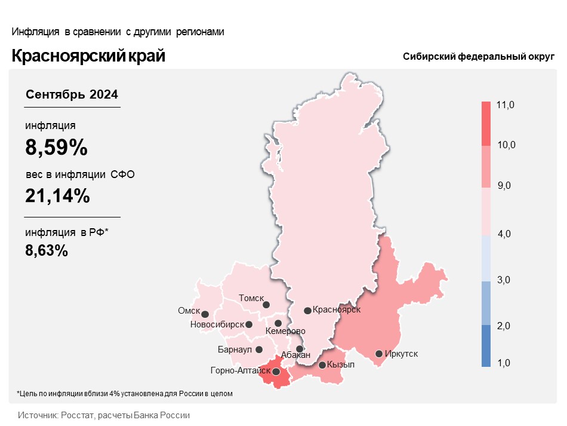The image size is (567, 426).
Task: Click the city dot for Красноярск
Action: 307,311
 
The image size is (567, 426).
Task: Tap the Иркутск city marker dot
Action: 378,354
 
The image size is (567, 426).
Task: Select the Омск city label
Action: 189,311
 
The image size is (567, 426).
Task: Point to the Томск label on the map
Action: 251,298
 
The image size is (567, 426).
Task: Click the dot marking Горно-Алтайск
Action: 276,372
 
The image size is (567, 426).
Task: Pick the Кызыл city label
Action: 341,364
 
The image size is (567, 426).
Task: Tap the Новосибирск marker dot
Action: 249,324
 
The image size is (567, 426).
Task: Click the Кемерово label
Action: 285,331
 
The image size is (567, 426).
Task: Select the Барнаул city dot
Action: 259,350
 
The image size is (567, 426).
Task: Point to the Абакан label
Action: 295,355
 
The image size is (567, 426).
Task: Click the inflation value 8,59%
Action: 57,148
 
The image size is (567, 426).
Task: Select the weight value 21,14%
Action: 57,196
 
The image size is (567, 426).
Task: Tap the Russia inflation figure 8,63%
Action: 47,250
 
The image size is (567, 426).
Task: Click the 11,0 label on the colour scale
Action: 505,105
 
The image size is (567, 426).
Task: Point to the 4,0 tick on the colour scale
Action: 504,234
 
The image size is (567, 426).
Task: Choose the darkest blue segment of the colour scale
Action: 486,346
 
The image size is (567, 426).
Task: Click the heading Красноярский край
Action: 88,56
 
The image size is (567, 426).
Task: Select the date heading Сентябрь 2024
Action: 72,94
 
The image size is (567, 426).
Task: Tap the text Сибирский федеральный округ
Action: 479,57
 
